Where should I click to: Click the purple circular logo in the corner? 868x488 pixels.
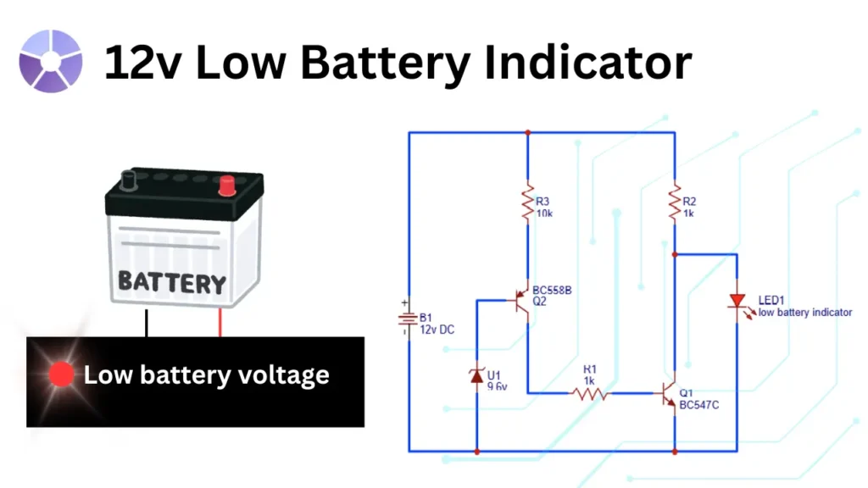pyautogui.click(x=51, y=61)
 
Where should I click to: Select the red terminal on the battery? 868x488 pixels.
pyautogui.click(x=225, y=185)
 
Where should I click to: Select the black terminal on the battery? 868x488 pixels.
pyautogui.click(x=129, y=180)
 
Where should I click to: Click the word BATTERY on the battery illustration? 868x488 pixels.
pyautogui.click(x=172, y=281)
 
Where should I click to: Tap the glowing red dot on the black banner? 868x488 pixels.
pyautogui.click(x=62, y=375)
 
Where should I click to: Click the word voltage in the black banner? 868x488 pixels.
pyautogui.click(x=278, y=374)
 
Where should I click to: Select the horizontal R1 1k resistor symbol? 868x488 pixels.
pyautogui.click(x=590, y=393)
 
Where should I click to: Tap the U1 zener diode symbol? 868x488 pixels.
pyautogui.click(x=476, y=374)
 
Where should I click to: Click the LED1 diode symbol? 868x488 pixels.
pyautogui.click(x=737, y=302)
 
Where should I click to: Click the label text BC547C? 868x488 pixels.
pyautogui.click(x=700, y=406)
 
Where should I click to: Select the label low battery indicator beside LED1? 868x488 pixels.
pyautogui.click(x=804, y=313)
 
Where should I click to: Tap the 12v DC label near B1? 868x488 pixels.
pyautogui.click(x=437, y=329)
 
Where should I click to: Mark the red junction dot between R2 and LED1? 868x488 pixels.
pyautogui.click(x=675, y=253)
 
